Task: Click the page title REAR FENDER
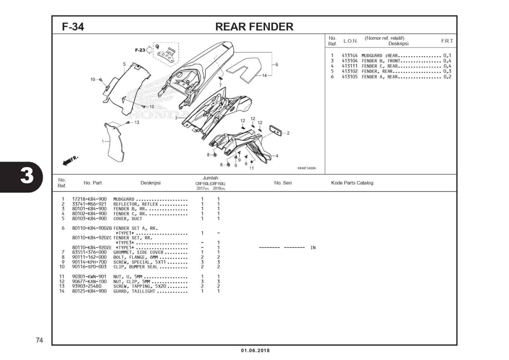coord(254,27)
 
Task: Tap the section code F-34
coord(73,27)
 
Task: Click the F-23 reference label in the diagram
coord(140,50)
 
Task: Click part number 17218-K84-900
coord(89,199)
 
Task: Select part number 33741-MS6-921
coord(89,204)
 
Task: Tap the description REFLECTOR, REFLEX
coord(136,204)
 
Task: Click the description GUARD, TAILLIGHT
coord(134,291)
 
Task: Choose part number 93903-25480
coord(87,286)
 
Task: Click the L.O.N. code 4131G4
coord(350,56)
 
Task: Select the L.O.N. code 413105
coord(350,77)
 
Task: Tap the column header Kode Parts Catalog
coord(352,183)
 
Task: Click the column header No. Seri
coord(283,183)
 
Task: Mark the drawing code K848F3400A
coord(306,168)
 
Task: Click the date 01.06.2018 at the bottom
coord(255,350)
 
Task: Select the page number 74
coord(39,340)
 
